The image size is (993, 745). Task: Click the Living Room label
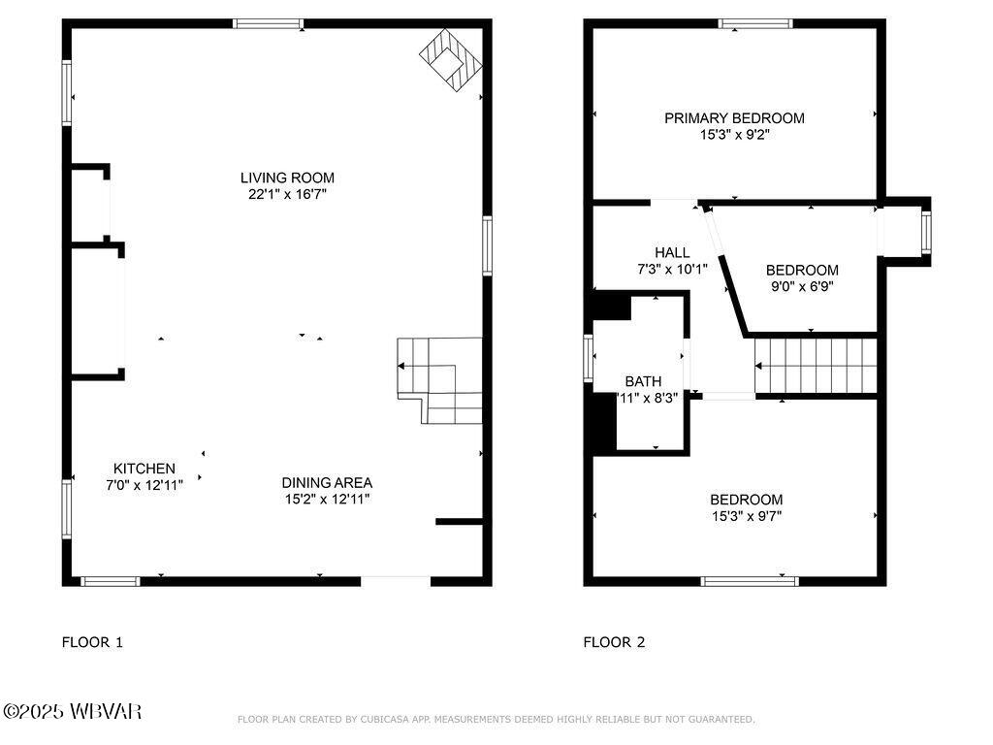tap(287, 178)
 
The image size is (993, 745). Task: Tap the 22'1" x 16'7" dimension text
tap(287, 194)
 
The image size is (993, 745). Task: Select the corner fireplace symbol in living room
tap(451, 59)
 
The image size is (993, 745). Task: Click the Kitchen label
tap(144, 469)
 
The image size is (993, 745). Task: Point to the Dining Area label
tap(327, 482)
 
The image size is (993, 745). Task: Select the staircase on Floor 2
tap(816, 365)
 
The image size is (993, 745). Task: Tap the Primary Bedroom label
tap(734, 118)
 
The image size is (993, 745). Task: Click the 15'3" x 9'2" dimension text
tap(734, 135)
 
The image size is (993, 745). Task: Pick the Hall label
tap(672, 252)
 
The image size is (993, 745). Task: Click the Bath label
tap(643, 381)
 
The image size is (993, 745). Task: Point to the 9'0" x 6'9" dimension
tap(802, 286)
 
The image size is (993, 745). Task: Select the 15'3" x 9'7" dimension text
tap(746, 516)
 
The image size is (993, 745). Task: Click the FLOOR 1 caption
tap(92, 641)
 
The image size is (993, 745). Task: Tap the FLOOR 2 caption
tap(614, 641)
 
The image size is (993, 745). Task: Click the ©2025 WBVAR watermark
tap(73, 711)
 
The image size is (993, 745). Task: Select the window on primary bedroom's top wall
tap(755, 23)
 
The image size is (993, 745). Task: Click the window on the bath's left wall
tap(588, 358)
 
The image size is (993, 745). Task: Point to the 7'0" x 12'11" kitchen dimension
tap(144, 484)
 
